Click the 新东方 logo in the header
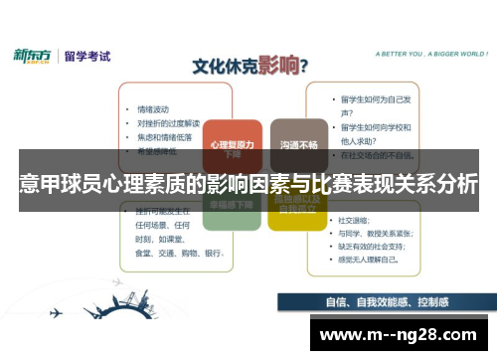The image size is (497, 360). (x=33, y=56)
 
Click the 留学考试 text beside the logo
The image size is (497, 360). (x=85, y=56)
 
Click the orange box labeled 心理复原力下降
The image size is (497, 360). (x=233, y=146)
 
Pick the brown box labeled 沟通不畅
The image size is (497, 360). (x=298, y=146)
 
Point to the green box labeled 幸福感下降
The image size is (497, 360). (x=233, y=203)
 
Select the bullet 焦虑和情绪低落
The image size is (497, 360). (x=164, y=137)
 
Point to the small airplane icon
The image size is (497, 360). (x=54, y=312)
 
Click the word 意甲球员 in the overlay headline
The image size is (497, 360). (x=54, y=184)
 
